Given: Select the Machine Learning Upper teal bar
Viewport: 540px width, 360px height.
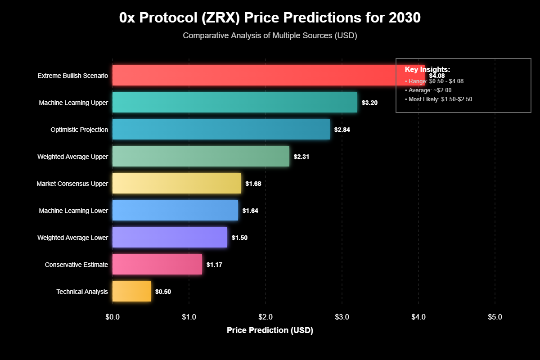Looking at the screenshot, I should tap(234, 102).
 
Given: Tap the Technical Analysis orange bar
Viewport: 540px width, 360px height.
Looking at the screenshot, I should tap(131, 291).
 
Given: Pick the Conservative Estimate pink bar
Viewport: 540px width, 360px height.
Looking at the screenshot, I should tap(157, 264).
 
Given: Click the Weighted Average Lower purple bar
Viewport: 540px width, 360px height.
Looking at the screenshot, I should tap(170, 237).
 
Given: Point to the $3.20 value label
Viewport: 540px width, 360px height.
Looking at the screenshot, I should tap(369, 103).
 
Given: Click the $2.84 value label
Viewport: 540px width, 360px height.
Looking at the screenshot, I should tap(342, 130).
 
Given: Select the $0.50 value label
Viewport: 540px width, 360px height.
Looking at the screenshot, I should tap(163, 292).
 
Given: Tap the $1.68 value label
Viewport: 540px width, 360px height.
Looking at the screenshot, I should tap(253, 184).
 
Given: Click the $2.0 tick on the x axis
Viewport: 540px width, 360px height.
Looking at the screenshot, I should tap(265, 317).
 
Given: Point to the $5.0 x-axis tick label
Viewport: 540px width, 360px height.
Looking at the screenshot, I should tap(495, 317).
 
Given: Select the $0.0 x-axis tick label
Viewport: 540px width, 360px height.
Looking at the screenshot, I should tap(112, 317).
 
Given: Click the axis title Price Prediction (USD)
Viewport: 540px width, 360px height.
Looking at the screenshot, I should tap(270, 330).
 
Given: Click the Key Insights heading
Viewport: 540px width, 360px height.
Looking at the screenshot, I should tap(427, 69).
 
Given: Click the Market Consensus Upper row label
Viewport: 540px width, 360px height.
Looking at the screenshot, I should tap(72, 184).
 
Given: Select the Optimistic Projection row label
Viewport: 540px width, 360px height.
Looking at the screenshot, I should tap(79, 130).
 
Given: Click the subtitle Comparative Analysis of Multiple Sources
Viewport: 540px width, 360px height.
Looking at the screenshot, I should tap(270, 36).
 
